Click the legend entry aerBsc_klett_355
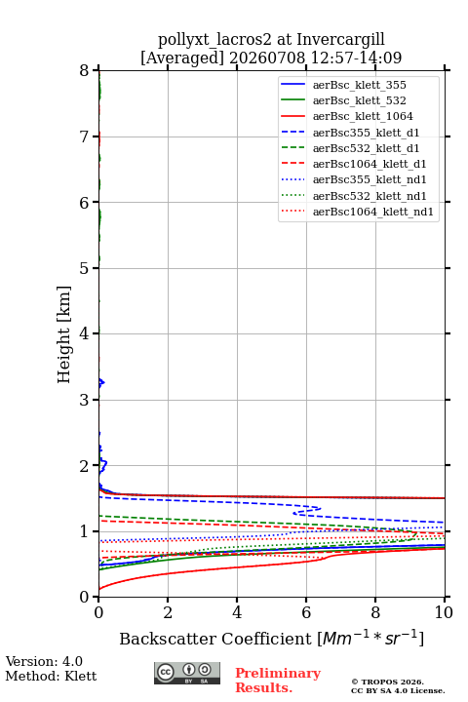(359, 85)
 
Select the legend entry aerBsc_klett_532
(359, 100)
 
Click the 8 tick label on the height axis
(84, 71)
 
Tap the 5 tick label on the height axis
(84, 268)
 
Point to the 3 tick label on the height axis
(84, 400)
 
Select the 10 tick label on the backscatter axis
(444, 612)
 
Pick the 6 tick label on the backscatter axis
(306, 612)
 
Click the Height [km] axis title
(64, 334)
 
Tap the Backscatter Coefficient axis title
(271, 639)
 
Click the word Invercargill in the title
(341, 40)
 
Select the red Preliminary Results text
(278, 681)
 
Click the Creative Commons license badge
(187, 673)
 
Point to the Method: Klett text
(51, 676)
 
